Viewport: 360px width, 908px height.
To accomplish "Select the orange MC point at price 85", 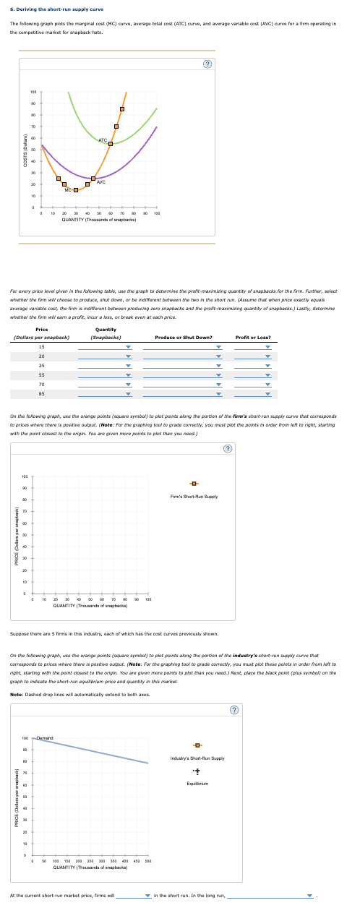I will coord(121,109).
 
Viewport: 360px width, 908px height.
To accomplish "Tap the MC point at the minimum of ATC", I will coord(111,144).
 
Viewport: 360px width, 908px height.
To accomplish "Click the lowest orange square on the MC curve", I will coord(76,191).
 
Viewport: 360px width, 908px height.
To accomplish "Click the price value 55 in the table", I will coord(41,375).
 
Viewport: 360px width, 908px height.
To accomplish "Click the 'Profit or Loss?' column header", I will coord(252,338).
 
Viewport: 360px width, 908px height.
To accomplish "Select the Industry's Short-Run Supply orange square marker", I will coord(193,725).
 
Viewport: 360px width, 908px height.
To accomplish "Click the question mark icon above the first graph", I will coord(206,64).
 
